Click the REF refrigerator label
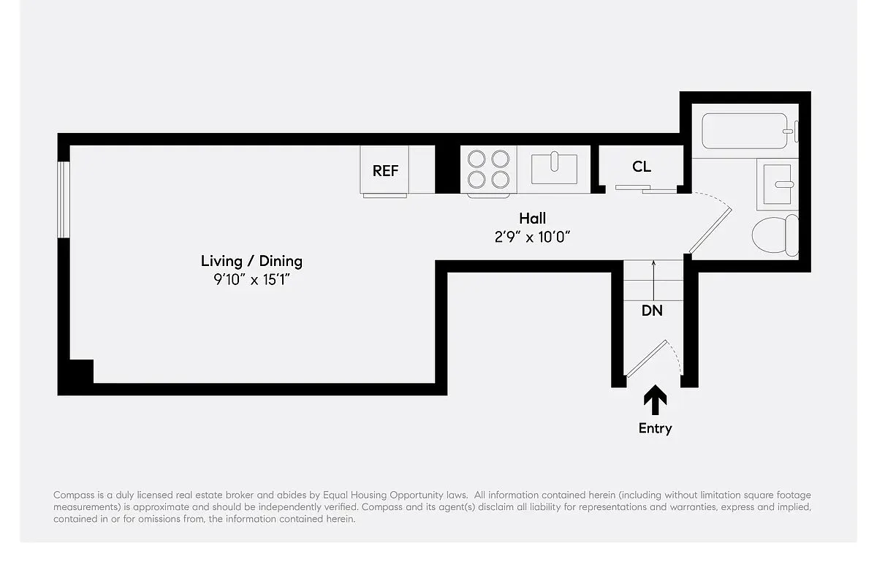click(385, 171)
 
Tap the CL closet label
click(642, 167)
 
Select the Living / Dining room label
click(251, 261)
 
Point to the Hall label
click(532, 218)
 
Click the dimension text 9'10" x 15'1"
click(251, 280)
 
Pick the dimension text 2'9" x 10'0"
click(532, 237)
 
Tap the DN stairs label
click(652, 311)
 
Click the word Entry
click(655, 428)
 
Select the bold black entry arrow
click(655, 400)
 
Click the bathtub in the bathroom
click(745, 132)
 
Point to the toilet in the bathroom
click(775, 235)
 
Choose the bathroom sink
click(777, 184)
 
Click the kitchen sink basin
click(554, 170)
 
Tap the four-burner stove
click(489, 170)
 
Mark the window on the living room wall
click(64, 200)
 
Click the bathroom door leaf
click(710, 231)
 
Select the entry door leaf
click(646, 359)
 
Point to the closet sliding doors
click(646, 189)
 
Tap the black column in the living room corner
click(81, 371)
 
